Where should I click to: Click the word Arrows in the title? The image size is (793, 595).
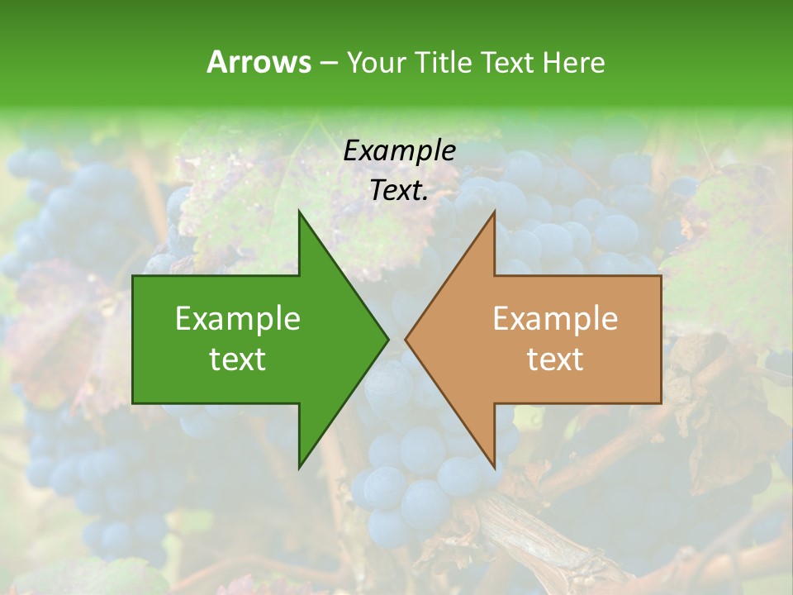[x=259, y=62]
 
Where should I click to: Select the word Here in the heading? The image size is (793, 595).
[x=573, y=62]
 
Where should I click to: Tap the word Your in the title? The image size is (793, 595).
[x=373, y=62]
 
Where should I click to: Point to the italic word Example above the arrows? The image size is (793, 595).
[x=399, y=150]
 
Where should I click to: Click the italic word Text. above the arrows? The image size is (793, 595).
[x=399, y=191]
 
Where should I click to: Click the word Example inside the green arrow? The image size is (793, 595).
[x=238, y=318]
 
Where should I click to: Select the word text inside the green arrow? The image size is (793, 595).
[x=238, y=359]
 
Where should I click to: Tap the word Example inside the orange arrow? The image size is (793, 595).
[x=555, y=318]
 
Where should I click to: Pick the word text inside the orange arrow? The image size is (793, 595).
[x=555, y=359]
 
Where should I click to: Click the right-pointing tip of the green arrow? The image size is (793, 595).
[x=388, y=339]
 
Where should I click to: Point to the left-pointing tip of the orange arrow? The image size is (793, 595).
[x=406, y=339]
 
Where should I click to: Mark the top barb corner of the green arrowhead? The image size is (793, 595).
[x=299, y=212]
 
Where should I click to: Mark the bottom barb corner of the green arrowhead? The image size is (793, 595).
[x=299, y=468]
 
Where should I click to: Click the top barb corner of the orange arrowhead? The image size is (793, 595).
[x=494, y=212]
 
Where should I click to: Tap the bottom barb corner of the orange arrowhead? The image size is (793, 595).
[x=494, y=468]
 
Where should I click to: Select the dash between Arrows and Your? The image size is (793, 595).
[x=327, y=63]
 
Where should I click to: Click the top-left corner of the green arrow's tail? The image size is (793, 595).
[x=133, y=276]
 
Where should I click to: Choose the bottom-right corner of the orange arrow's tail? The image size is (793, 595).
[x=661, y=402]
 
